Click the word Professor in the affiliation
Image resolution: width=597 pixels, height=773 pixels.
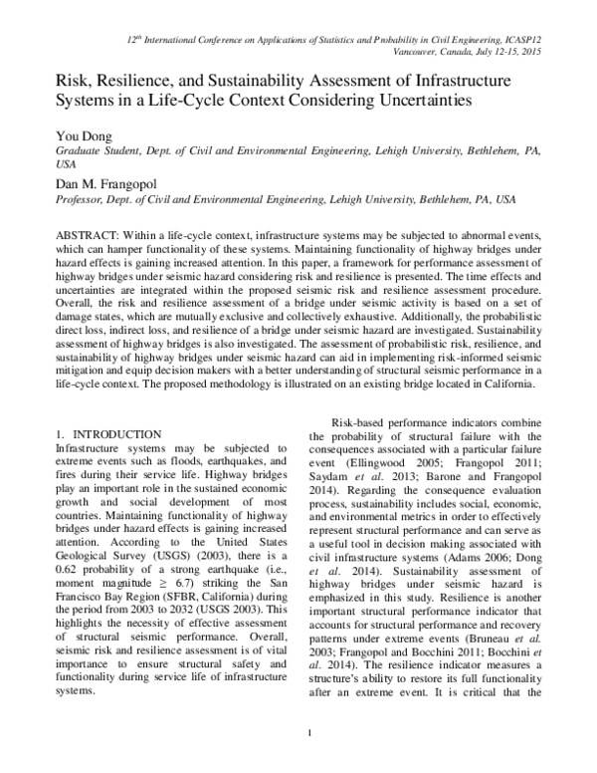click(82, 199)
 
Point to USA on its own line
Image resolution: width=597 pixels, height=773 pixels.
click(66, 163)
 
